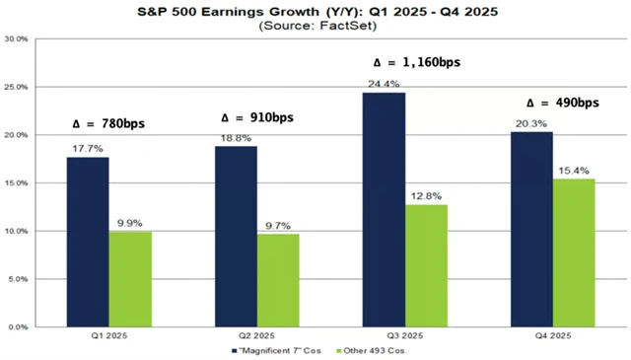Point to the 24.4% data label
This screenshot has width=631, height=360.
point(388,83)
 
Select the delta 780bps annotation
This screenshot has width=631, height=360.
point(109,124)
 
